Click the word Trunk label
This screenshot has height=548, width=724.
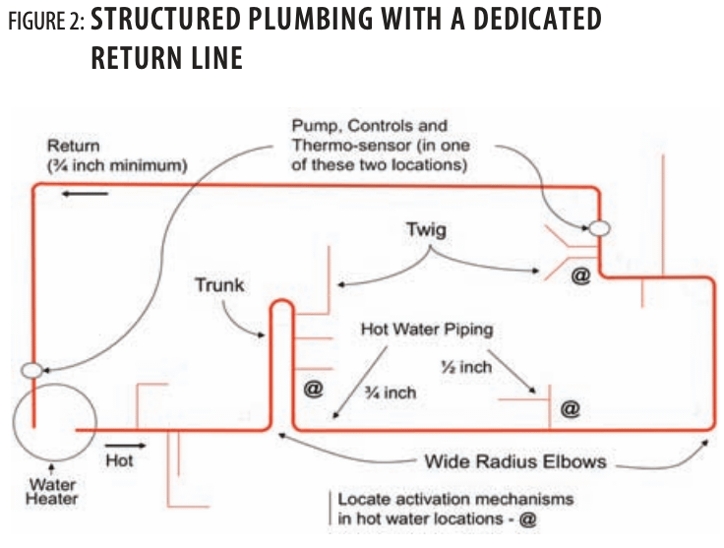tap(217, 286)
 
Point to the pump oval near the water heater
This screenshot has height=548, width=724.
tap(32, 370)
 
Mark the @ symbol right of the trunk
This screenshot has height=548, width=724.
tap(314, 388)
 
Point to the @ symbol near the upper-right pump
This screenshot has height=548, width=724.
tap(580, 276)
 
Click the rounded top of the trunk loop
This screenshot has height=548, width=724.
tap(279, 307)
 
